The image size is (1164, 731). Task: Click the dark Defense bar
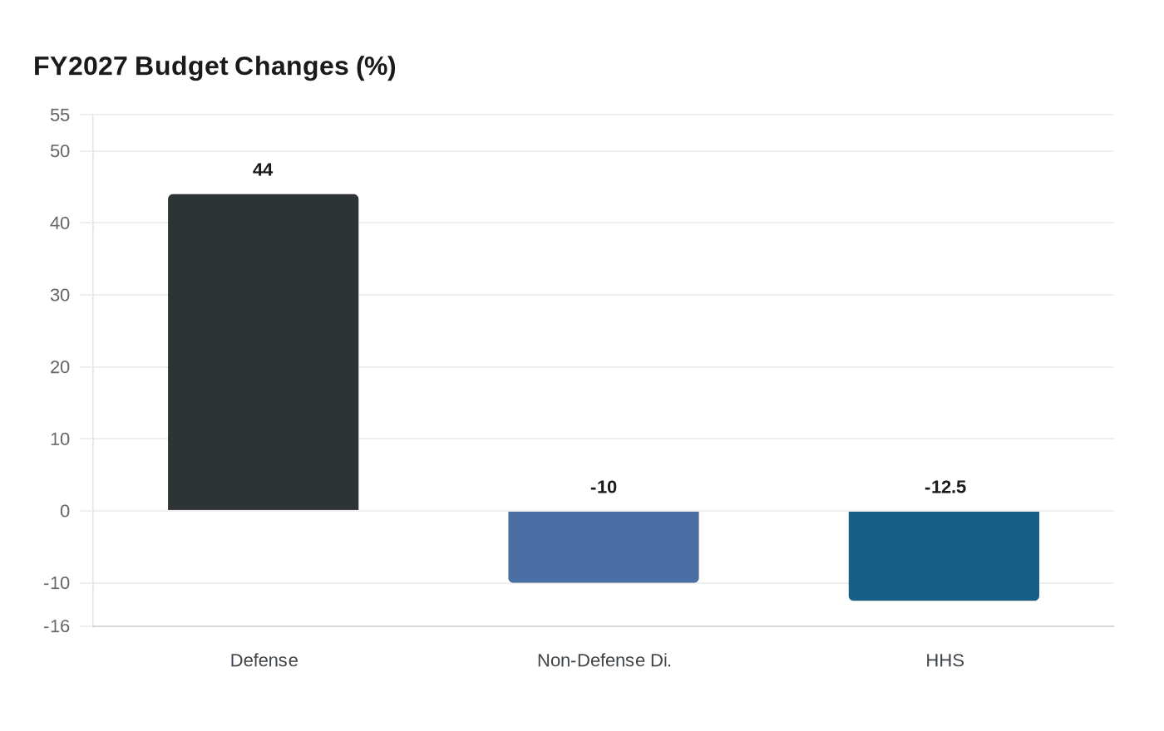(263, 352)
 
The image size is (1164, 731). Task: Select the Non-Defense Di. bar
(604, 547)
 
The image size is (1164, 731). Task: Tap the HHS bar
(944, 555)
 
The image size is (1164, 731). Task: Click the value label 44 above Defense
(263, 170)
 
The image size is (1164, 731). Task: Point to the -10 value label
(604, 488)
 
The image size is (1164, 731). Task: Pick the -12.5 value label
(945, 488)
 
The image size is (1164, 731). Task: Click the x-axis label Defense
(264, 660)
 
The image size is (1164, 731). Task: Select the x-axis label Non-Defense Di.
(604, 660)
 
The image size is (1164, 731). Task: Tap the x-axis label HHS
(945, 660)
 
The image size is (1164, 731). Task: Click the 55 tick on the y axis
(60, 115)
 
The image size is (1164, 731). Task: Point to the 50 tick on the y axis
(60, 151)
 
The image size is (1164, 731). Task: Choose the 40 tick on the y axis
(60, 223)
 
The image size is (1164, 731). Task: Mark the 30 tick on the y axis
(60, 295)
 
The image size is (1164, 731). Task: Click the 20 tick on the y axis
(60, 367)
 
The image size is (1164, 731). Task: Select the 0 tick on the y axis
(65, 511)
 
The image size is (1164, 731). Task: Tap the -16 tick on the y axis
(57, 626)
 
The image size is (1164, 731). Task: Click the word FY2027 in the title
(80, 66)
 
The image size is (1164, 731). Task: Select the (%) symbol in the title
(376, 66)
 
